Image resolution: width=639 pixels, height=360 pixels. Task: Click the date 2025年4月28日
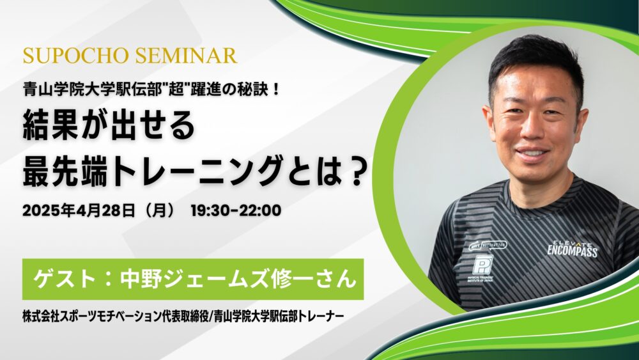pyautogui.click(x=78, y=211)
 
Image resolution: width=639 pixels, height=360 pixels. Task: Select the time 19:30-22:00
pyautogui.click(x=236, y=211)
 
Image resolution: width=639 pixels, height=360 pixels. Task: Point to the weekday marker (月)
pyautogui.click(x=157, y=211)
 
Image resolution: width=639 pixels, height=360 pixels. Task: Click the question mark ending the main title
pyautogui.click(x=355, y=173)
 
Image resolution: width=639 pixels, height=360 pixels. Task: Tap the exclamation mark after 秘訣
pyautogui.click(x=276, y=90)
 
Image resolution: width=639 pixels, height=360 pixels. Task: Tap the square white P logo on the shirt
pyautogui.click(x=482, y=265)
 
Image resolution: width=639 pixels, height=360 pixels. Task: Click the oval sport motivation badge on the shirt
pyautogui.click(x=488, y=245)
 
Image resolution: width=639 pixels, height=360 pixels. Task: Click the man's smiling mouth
pyautogui.click(x=532, y=153)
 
